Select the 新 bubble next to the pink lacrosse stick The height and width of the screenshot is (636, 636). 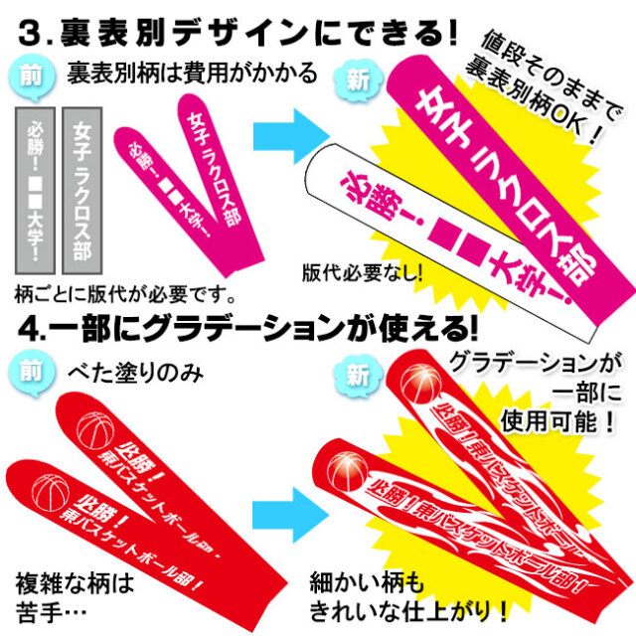pyautogui.click(x=355, y=80)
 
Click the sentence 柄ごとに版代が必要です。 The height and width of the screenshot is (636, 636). pyautogui.click(x=125, y=294)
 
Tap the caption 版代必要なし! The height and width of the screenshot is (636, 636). pyautogui.click(x=360, y=270)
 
